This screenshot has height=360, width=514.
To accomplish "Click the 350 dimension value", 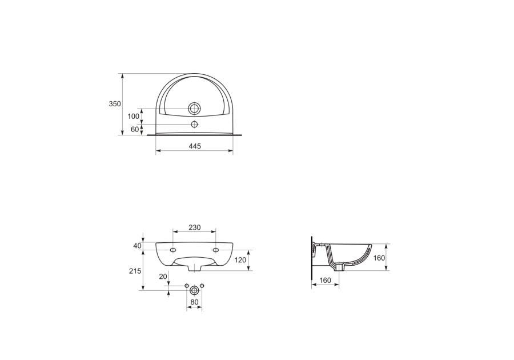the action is coord(115,103).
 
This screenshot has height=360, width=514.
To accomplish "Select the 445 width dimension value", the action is coord(194,146).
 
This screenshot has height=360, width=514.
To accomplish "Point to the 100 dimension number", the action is coord(134,116).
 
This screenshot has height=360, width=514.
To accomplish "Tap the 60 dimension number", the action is coord(135,129).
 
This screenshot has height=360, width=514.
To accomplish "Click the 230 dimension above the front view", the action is coord(194,227).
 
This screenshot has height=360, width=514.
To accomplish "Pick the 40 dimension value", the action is coord(137,246).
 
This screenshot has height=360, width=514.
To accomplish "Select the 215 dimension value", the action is coord(135,271).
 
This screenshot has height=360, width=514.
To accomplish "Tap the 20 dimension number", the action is coord(163,277).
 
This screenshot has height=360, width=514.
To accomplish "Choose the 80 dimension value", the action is coord(194,302).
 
